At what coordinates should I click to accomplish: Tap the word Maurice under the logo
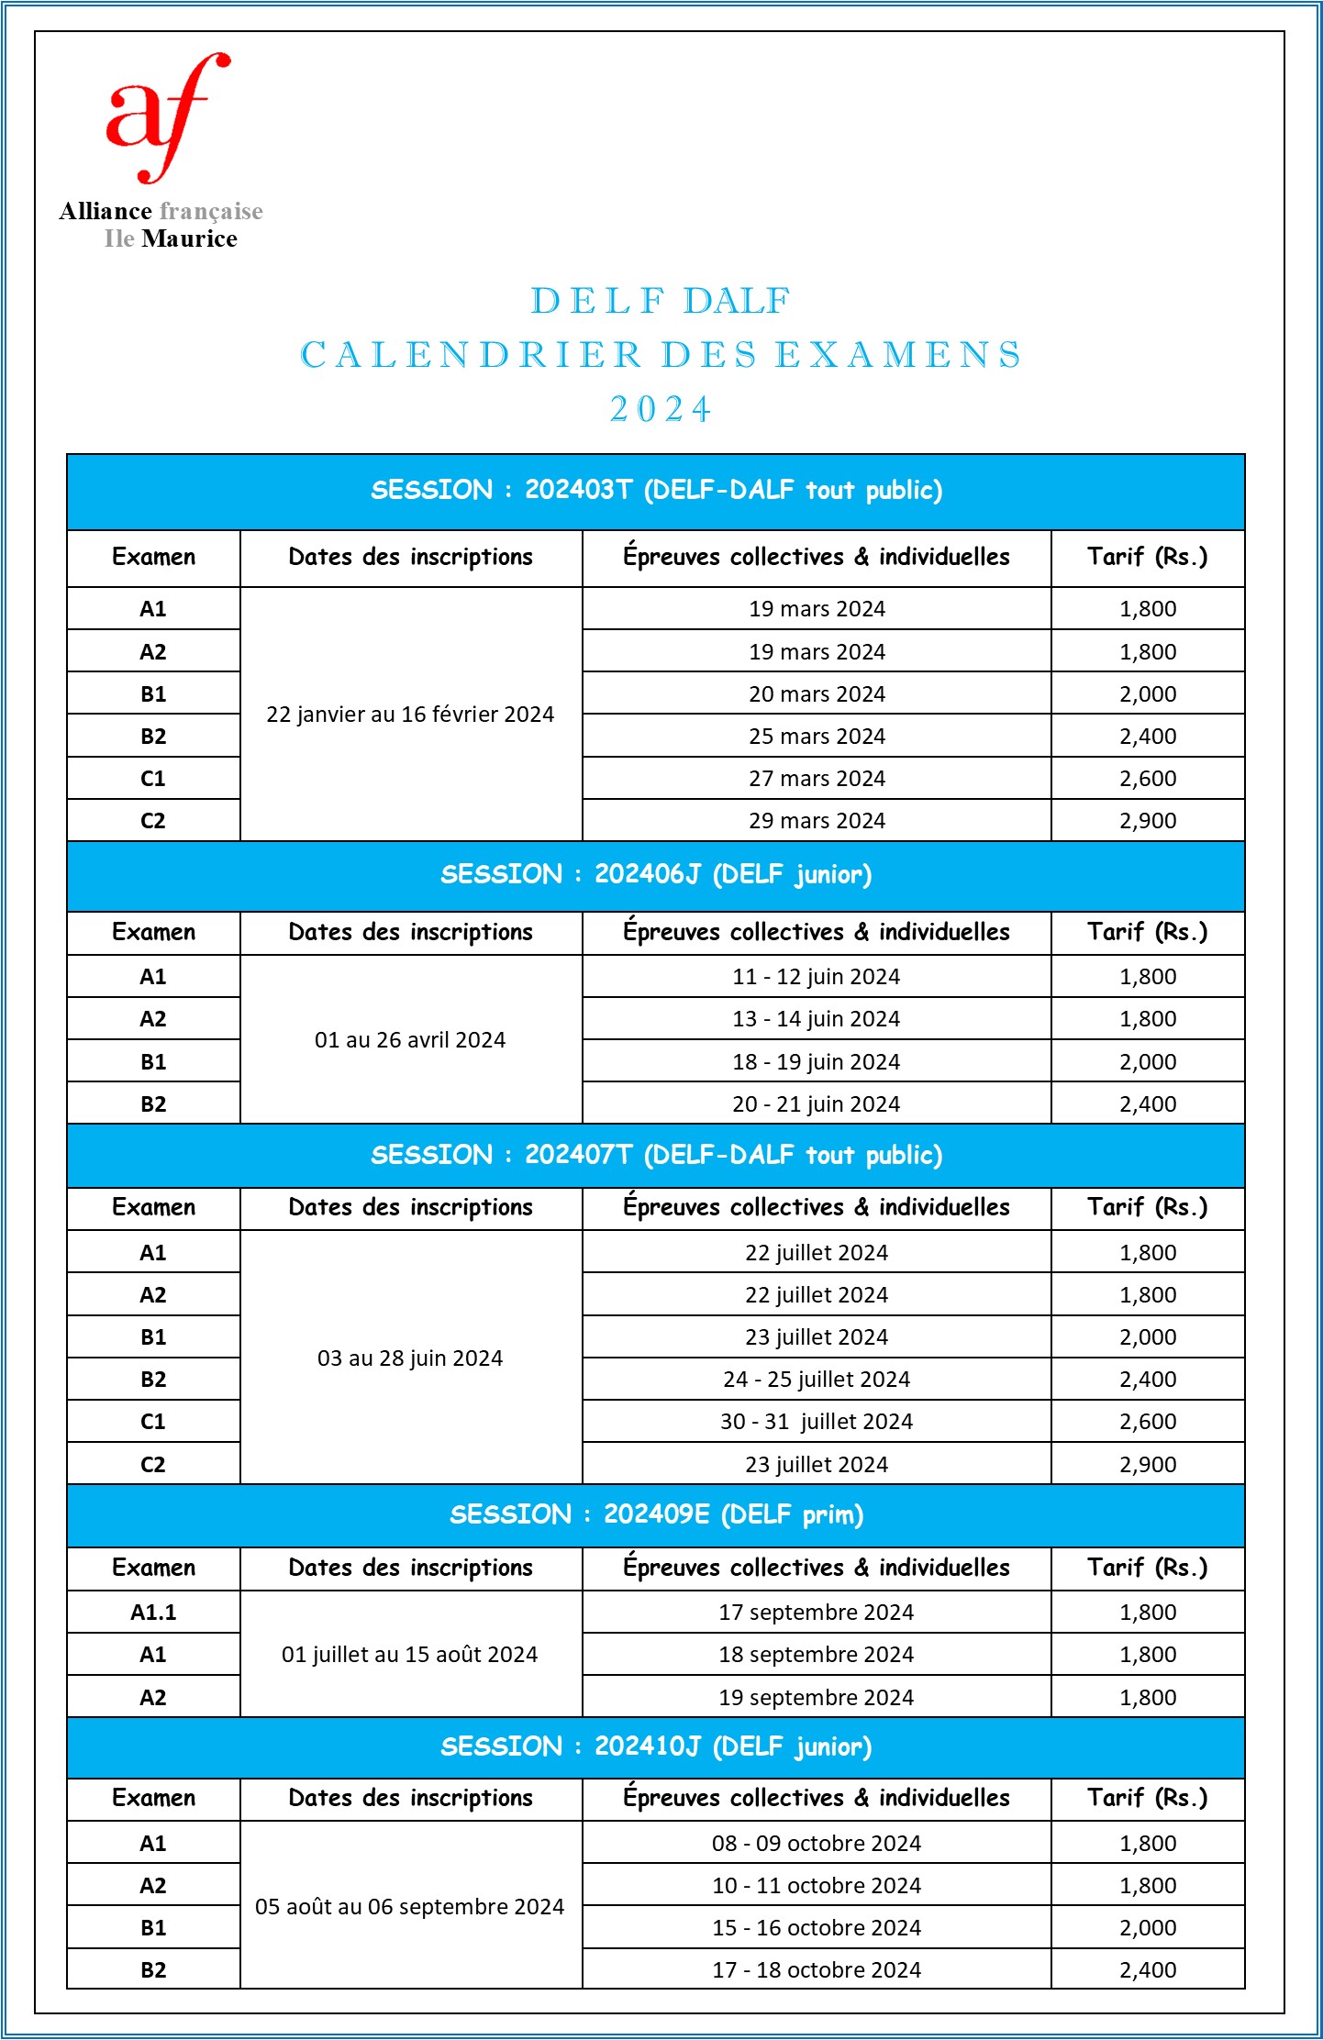(190, 238)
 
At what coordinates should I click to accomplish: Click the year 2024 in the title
(661, 409)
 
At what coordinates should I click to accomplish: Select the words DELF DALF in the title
(661, 301)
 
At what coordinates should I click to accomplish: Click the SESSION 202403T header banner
(656, 491)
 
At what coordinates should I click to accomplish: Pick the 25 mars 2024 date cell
(817, 737)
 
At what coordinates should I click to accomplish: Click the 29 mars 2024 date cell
(817, 821)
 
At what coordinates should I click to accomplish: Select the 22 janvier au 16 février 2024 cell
(410, 715)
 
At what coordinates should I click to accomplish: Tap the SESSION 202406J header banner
(656, 874)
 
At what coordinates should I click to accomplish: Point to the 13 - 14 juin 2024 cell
(817, 1019)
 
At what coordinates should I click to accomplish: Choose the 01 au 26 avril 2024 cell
(410, 1040)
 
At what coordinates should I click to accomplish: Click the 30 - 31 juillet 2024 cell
(817, 1422)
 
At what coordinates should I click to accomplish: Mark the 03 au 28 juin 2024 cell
(410, 1358)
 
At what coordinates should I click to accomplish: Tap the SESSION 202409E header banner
(656, 1514)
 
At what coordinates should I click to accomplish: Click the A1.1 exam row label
(153, 1613)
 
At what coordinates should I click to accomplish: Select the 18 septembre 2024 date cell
(817, 1655)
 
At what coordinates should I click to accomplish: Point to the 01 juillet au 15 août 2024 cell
(410, 1655)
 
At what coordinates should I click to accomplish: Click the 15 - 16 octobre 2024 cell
(817, 1928)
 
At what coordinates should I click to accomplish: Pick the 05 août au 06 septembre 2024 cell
(410, 1907)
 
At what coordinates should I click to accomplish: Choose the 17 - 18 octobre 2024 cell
(817, 1970)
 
